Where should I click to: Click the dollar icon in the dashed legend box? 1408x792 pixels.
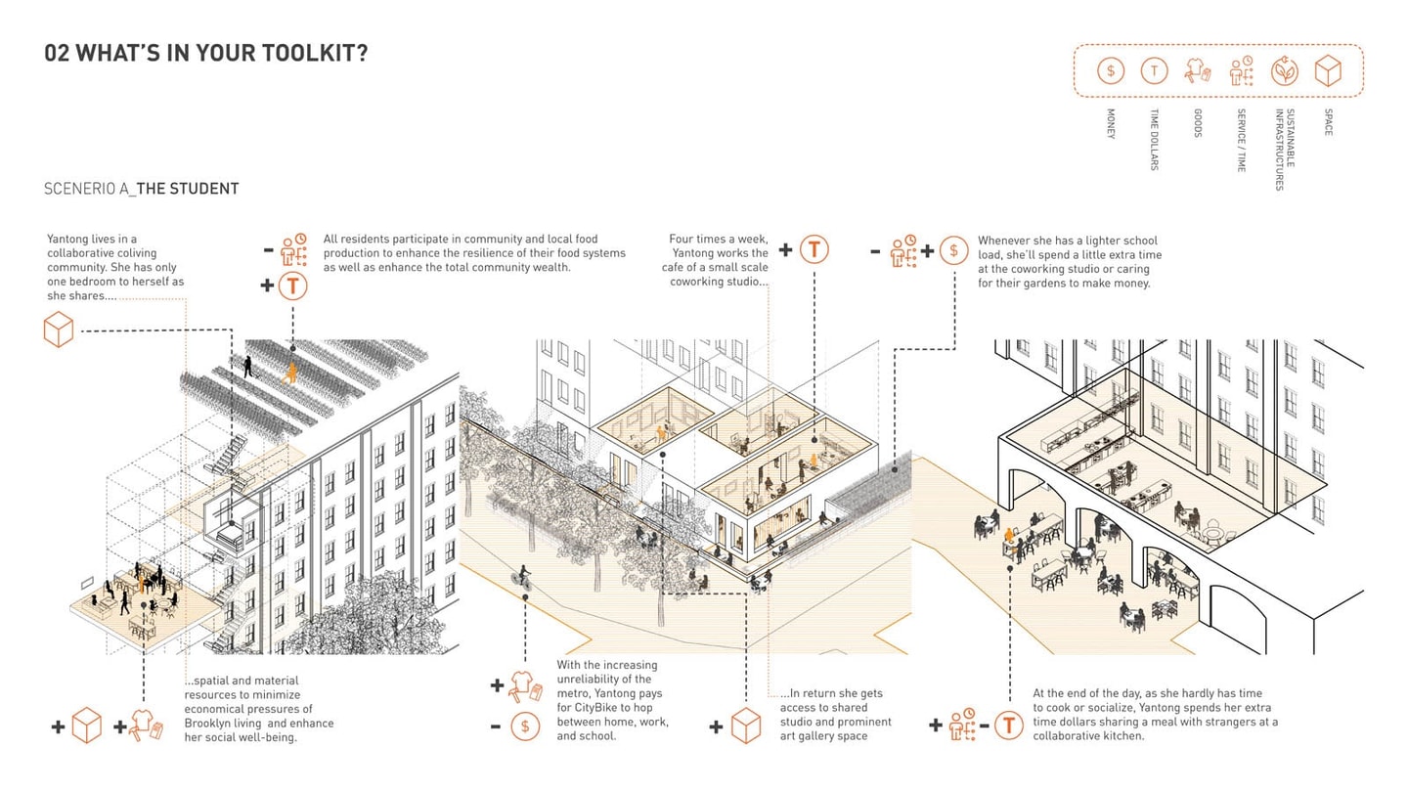[1110, 70]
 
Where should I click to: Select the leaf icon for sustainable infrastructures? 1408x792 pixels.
[1284, 70]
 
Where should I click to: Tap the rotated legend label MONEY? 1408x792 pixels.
[1111, 124]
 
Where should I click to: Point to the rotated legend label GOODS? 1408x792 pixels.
[1198, 123]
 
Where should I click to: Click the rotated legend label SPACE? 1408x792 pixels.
[1328, 122]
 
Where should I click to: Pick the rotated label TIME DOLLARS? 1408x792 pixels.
[1154, 140]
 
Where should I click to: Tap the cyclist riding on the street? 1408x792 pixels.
[522, 578]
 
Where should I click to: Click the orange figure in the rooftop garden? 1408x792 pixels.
[289, 374]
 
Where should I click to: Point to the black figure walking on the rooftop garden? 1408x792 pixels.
[248, 367]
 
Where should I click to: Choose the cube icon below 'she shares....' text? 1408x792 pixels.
[59, 330]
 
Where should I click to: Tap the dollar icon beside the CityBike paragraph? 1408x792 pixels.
[525, 726]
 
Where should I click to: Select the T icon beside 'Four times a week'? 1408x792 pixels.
[814, 249]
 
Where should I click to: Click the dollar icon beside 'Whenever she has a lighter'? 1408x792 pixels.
[953, 250]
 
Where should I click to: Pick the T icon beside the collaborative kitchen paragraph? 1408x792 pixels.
[1009, 726]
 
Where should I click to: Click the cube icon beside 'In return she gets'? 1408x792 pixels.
[746, 726]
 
